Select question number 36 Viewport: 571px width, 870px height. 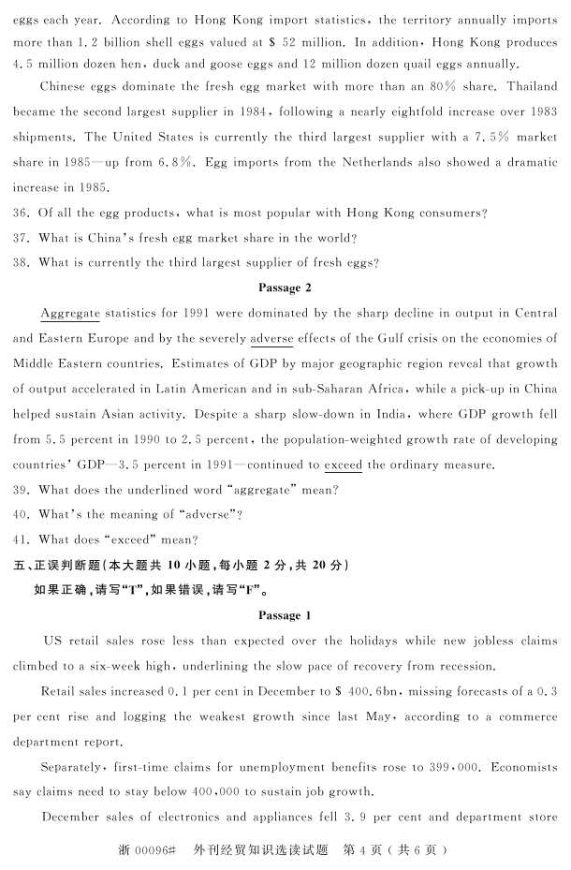[22, 214]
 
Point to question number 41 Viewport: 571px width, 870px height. [22, 539]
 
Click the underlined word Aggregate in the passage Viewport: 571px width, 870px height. [70, 312]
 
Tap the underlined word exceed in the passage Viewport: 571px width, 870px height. [343, 464]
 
